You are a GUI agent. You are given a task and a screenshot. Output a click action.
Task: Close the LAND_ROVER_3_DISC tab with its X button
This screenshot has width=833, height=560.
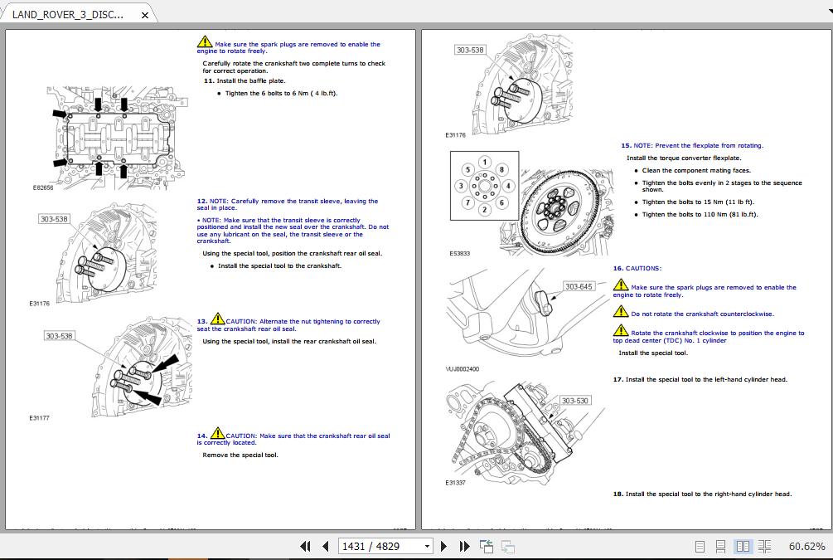(146, 15)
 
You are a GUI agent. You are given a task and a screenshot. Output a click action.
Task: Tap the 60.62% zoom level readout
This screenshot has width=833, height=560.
(806, 546)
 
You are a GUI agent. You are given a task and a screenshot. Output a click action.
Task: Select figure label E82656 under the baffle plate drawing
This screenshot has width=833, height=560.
(42, 187)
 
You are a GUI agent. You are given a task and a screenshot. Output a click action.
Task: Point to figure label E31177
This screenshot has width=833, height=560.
(39, 418)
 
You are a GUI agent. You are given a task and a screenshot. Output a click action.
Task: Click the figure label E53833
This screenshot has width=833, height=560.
(459, 253)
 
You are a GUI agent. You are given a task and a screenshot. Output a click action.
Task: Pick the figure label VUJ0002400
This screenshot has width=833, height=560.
(463, 369)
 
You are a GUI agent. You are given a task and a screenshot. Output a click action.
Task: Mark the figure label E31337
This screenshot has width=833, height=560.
(456, 483)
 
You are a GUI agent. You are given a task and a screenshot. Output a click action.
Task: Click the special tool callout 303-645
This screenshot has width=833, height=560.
(579, 286)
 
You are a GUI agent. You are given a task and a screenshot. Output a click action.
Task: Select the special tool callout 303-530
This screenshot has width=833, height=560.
(574, 401)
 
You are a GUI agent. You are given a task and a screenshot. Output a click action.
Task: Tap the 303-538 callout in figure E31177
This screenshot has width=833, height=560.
(59, 336)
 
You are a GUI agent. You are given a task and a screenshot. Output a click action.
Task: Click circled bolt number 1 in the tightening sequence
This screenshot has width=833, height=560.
(484, 163)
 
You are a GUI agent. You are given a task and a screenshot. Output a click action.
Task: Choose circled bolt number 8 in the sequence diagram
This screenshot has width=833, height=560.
(501, 170)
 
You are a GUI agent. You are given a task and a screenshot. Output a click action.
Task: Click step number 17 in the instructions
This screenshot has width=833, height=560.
(617, 380)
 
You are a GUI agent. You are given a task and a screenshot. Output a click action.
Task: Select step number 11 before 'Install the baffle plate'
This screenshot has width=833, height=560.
(208, 81)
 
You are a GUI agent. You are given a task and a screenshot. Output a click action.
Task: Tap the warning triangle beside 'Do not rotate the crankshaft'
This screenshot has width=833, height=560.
(621, 312)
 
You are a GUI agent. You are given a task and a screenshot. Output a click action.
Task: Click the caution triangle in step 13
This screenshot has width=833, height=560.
(217, 319)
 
